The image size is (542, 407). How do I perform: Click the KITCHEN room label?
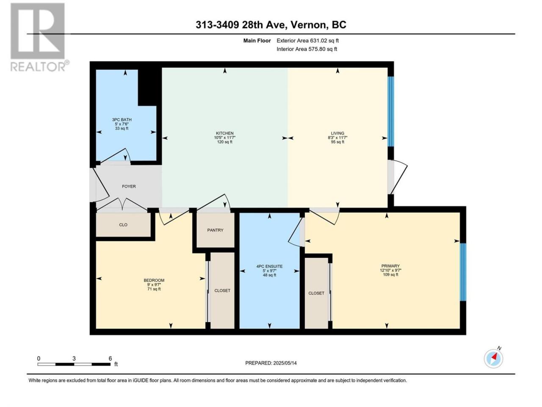225,133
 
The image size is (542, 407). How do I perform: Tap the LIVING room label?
337,133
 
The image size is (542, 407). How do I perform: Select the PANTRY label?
216,230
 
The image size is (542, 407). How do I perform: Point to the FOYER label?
129,186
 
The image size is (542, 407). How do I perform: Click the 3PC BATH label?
122,120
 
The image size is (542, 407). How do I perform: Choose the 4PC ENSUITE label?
269,266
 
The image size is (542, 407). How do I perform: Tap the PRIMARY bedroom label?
390,266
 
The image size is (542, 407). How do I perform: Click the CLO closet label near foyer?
123,225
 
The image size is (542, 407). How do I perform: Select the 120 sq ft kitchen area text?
225,142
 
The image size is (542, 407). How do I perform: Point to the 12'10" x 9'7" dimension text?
390,270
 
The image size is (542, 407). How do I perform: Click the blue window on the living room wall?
391,112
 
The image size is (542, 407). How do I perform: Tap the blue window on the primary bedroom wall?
463,272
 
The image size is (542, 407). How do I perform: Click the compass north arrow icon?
493,358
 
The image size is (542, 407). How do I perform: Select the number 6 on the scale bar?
110,358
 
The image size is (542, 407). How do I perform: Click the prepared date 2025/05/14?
285,363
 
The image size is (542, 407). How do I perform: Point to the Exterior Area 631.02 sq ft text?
308,41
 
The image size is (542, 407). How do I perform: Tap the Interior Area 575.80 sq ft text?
307,49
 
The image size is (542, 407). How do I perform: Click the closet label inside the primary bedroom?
316,293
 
